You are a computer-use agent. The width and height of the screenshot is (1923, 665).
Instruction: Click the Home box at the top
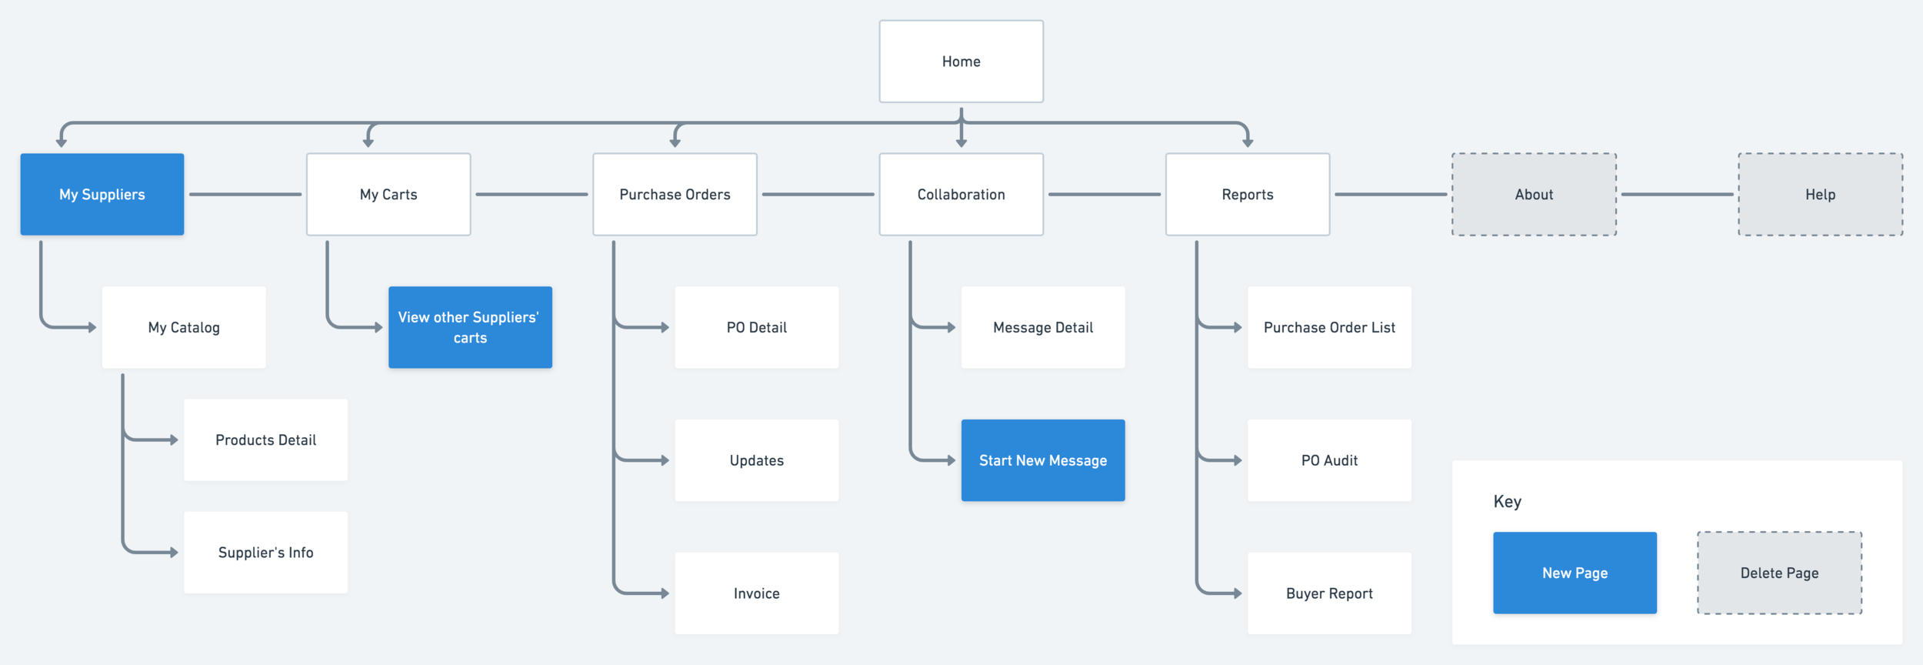pyautogui.click(x=961, y=62)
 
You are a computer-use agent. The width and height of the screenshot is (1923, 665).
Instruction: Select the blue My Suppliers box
pyautogui.click(x=102, y=194)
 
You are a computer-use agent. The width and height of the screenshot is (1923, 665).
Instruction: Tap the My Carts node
pyautogui.click(x=388, y=194)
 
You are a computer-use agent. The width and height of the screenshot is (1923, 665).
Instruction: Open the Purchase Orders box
pyautogui.click(x=675, y=194)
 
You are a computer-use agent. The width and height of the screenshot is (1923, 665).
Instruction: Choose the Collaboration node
pyautogui.click(x=961, y=194)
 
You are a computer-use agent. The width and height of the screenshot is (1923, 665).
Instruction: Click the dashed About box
pyautogui.click(x=1534, y=194)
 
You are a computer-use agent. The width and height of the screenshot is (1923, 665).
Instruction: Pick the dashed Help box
pyautogui.click(x=1820, y=194)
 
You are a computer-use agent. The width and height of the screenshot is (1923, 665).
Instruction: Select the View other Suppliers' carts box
pyautogui.click(x=470, y=327)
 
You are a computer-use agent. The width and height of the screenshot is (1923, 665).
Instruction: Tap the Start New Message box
pyautogui.click(x=1043, y=460)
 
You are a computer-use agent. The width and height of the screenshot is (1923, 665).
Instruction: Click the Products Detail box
pyautogui.click(x=265, y=439)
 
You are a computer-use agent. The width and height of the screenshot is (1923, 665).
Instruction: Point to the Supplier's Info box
pyautogui.click(x=265, y=552)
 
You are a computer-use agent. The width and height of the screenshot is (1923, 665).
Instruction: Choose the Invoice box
pyautogui.click(x=756, y=593)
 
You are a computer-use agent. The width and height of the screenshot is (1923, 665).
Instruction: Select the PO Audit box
pyautogui.click(x=1329, y=460)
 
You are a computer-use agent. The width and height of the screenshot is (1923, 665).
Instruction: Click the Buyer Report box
pyautogui.click(x=1329, y=593)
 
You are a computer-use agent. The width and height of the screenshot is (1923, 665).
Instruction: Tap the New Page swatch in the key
pyautogui.click(x=1575, y=573)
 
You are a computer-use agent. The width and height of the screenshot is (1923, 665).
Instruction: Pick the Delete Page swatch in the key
pyautogui.click(x=1779, y=573)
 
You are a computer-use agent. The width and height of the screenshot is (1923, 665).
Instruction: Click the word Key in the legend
pyautogui.click(x=1507, y=502)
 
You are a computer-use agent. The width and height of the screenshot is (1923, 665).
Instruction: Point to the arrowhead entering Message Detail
pyautogui.click(x=952, y=327)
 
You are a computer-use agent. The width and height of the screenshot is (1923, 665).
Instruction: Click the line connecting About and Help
pyautogui.click(x=1677, y=194)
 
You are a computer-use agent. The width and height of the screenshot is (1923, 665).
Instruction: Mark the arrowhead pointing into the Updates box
pyautogui.click(x=665, y=460)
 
